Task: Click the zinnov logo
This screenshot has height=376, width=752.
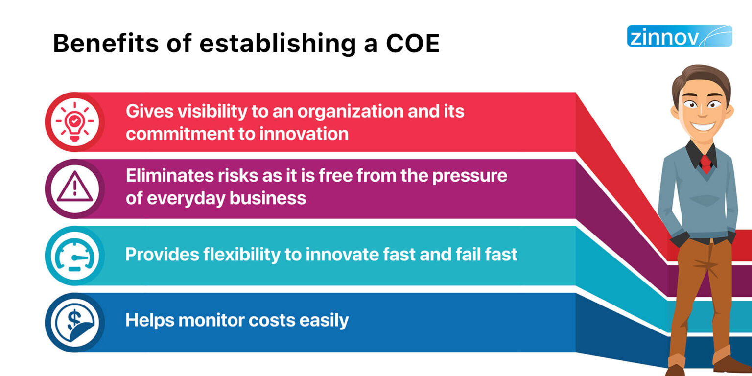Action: coord(679,36)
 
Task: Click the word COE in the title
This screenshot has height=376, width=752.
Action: coord(412,44)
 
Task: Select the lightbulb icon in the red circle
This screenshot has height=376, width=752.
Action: coord(74,122)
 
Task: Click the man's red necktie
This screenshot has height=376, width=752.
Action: coord(705,163)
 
